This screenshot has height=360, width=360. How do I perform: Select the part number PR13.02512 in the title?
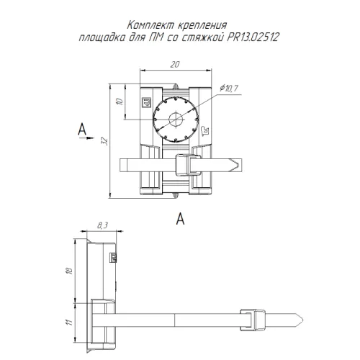[253, 37]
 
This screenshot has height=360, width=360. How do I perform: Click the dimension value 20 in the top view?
[175, 64]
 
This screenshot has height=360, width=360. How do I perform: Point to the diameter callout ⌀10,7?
[229, 89]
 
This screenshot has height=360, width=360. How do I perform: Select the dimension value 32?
[104, 141]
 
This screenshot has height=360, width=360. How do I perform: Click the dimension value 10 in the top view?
[120, 102]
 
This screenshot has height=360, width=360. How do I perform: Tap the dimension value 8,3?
[102, 225]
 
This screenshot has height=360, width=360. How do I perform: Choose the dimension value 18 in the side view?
[70, 271]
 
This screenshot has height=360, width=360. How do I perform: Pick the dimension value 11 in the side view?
[69, 322]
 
